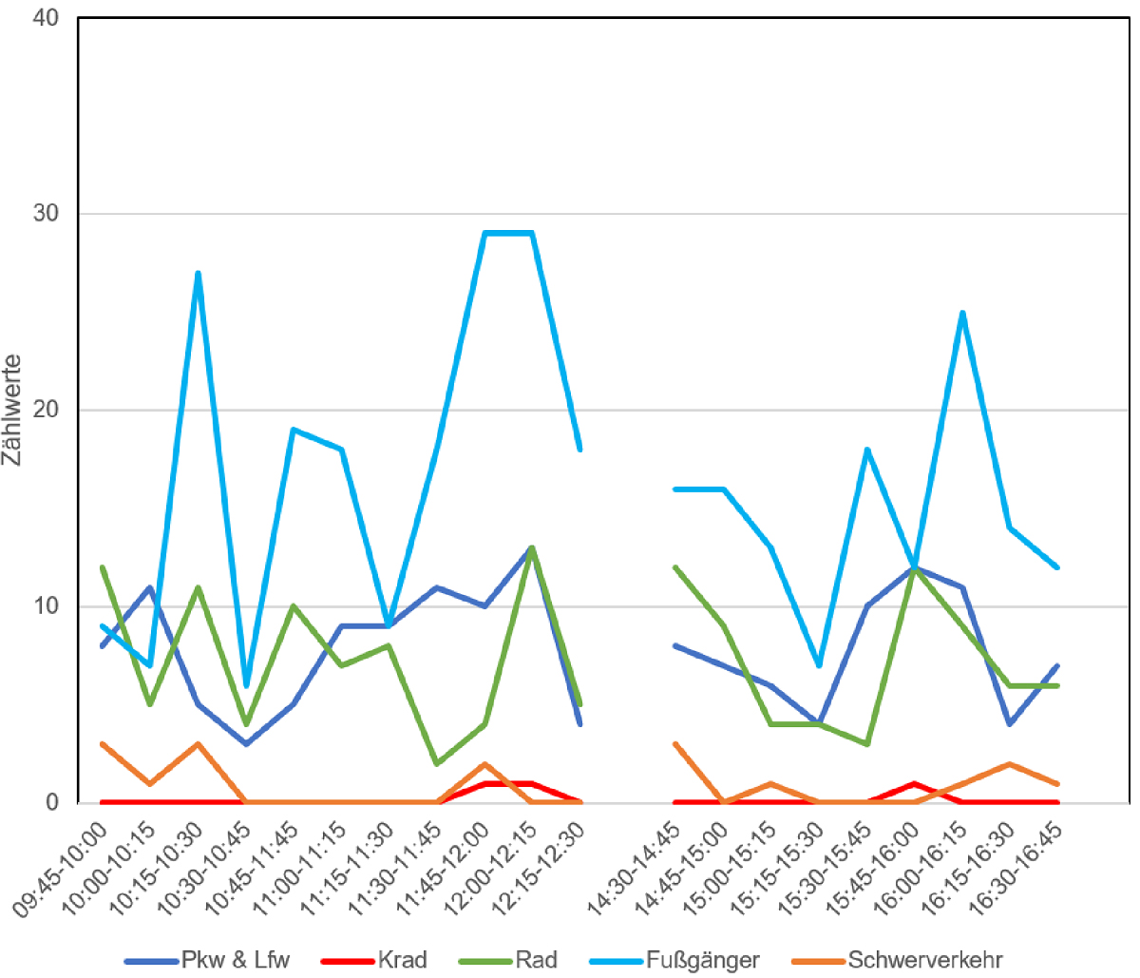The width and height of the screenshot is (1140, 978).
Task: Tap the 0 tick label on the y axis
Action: [x=52, y=802]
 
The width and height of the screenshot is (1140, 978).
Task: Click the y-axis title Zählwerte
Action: [x=12, y=411]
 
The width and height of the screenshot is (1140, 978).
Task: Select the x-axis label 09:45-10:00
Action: [x=61, y=870]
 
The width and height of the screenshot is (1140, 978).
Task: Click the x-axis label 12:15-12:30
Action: [x=540, y=870]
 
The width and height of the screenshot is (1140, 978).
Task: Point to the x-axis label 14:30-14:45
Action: [x=635, y=870]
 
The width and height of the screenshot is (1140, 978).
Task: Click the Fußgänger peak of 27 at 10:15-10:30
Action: [x=198, y=273]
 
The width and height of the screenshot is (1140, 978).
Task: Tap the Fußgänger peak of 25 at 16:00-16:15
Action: [x=962, y=312]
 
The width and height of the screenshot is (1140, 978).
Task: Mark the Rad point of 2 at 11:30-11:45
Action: [x=436, y=763]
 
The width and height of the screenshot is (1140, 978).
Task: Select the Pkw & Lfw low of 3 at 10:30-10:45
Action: [x=245, y=743]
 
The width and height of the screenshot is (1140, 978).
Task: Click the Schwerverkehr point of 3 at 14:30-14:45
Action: [x=674, y=743]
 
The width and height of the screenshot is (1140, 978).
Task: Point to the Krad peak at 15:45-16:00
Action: [x=914, y=783]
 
